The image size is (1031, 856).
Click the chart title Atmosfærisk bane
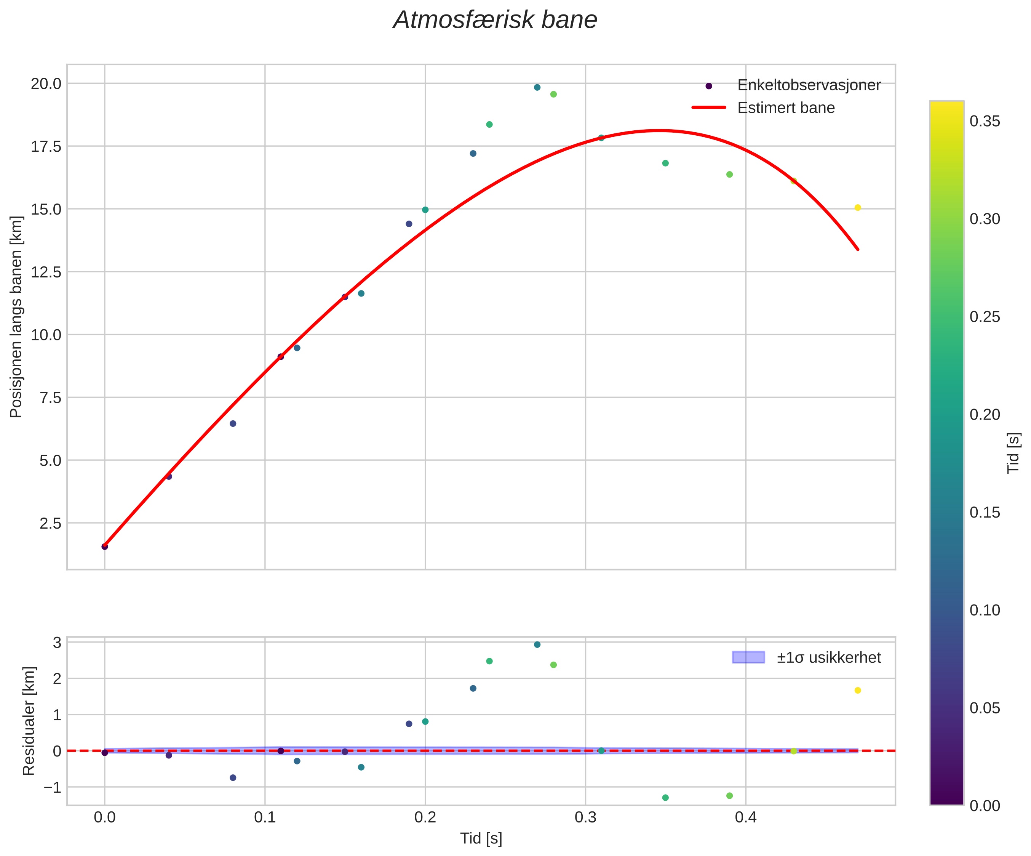495,21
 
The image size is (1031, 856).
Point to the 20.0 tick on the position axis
46,84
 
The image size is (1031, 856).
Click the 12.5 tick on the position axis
46,272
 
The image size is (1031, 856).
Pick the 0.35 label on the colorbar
985,121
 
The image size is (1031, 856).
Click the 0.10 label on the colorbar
985,610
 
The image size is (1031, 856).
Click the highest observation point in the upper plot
537,87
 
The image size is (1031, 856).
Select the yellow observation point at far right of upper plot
858,208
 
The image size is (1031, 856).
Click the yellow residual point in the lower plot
858,690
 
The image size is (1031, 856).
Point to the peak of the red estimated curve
659,131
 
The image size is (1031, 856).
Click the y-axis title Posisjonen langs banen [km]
16,317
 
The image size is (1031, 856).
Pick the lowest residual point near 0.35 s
665,798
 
